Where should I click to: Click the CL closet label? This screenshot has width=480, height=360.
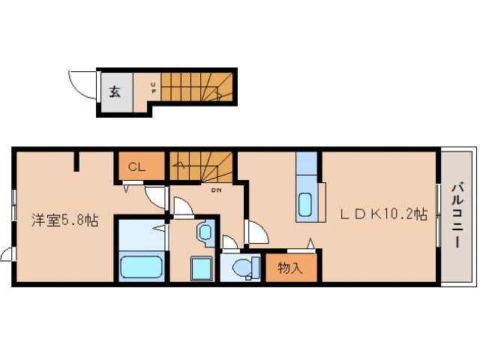tap(136, 166)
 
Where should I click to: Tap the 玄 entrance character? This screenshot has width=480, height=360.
tap(115, 92)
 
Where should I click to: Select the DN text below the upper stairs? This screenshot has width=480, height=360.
tap(216, 190)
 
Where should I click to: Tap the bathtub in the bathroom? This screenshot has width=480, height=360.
tap(141, 267)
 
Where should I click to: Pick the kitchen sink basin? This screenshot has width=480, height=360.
tap(307, 204)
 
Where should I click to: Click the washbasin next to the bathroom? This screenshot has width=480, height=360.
tap(205, 232)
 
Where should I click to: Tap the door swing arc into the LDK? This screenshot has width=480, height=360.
tap(256, 232)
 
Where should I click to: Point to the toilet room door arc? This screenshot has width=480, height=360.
tap(229, 241)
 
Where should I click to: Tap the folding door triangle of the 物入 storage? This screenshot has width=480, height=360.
tap(309, 243)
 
